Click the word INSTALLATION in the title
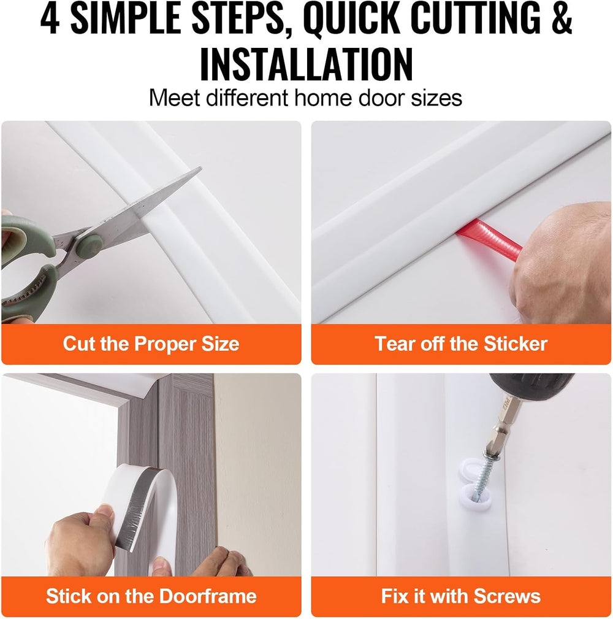click(x=306, y=64)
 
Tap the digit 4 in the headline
click(x=50, y=18)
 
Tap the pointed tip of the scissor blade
click(x=201, y=169)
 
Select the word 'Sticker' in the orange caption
click(x=516, y=344)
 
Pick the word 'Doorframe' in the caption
click(x=208, y=596)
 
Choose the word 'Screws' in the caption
click(x=507, y=596)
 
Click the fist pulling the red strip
click(x=560, y=263)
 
